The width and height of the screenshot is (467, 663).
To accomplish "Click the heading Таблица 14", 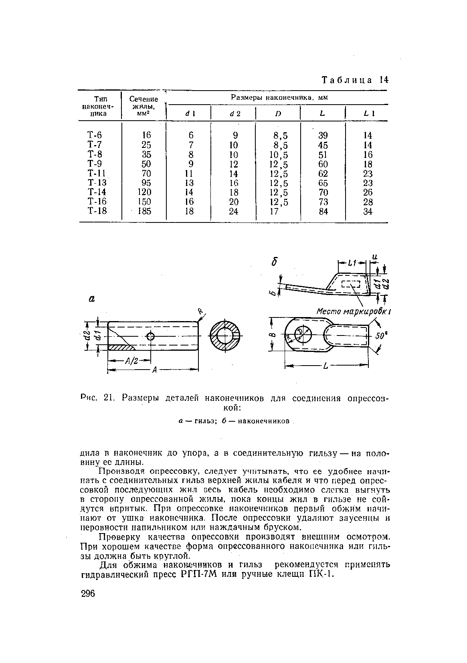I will click(x=355, y=80).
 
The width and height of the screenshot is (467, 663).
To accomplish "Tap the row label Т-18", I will click(x=97, y=211).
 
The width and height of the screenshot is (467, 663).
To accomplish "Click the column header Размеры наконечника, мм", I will click(x=279, y=97).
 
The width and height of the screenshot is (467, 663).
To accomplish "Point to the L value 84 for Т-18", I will click(x=323, y=211).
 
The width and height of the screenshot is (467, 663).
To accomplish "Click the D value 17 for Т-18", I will click(x=274, y=211).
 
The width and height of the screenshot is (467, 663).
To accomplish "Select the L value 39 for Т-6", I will click(x=323, y=135).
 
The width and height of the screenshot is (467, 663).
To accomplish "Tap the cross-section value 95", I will click(x=146, y=183).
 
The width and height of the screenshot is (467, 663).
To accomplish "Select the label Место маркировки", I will click(x=353, y=311).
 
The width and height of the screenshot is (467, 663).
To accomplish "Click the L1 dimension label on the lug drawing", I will click(x=352, y=263).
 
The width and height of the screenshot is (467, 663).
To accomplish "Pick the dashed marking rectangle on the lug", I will click(x=351, y=285).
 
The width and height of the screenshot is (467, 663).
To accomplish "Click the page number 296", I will click(x=88, y=594).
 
